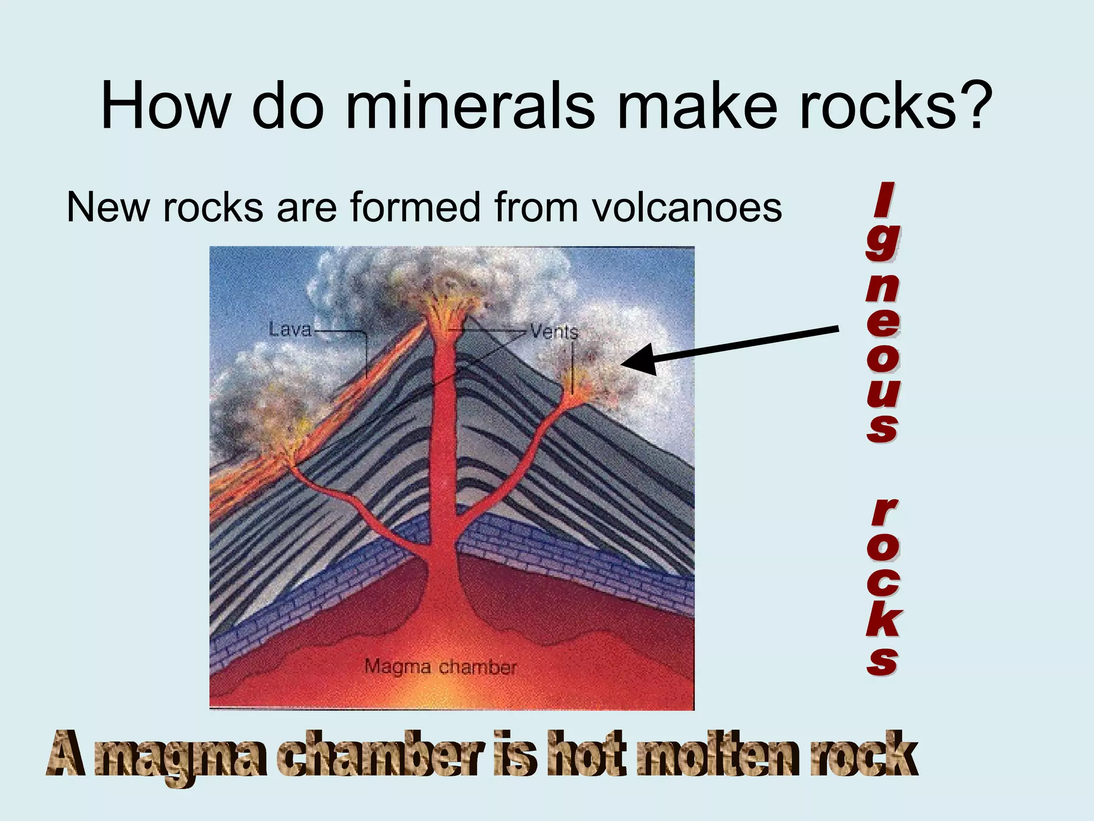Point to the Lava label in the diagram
[290, 329]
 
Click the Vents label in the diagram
[554, 332]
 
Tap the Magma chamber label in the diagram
[441, 667]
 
